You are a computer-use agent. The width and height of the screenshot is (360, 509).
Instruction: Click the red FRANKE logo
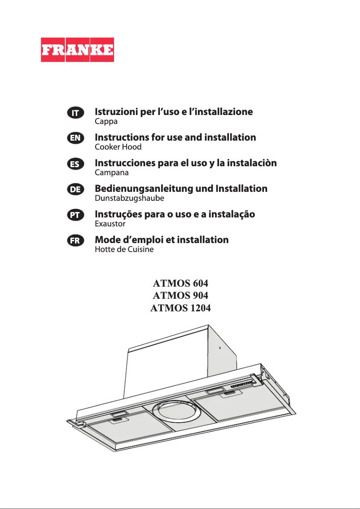click(x=77, y=50)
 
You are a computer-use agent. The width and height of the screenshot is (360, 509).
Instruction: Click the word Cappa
click(x=106, y=122)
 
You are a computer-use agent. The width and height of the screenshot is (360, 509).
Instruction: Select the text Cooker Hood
click(x=118, y=147)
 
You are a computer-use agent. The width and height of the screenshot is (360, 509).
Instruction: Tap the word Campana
click(x=112, y=173)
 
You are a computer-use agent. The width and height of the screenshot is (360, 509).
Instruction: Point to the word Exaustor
click(x=110, y=223)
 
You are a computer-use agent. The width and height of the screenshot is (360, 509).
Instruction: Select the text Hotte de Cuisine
click(x=124, y=249)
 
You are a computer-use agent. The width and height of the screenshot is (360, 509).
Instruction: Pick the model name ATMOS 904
click(x=181, y=296)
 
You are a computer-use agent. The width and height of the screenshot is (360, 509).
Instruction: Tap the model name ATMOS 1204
click(x=181, y=308)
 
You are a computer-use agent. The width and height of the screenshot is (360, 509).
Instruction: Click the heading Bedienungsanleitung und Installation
click(x=181, y=189)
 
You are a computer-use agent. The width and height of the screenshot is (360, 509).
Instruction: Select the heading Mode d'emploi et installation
click(x=162, y=240)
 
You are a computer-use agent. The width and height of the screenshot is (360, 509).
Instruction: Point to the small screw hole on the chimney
click(x=220, y=348)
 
